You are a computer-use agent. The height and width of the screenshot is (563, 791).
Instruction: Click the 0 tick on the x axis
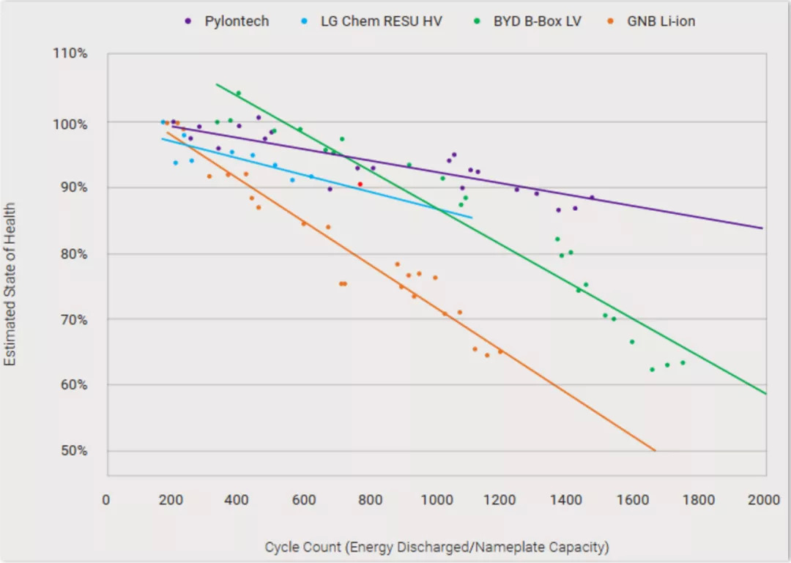point(106,500)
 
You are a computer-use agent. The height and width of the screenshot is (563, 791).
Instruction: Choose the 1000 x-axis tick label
point(437,500)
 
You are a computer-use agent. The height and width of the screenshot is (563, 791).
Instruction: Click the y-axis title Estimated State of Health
point(10,285)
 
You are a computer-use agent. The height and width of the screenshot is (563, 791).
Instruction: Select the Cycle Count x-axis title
point(437,547)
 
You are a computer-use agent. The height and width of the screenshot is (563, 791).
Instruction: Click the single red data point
point(360,184)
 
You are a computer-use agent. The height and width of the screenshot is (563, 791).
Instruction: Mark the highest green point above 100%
point(238,93)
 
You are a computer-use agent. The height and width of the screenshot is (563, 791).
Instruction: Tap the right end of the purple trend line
point(762,228)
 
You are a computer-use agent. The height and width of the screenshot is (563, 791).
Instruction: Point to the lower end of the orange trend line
point(655,450)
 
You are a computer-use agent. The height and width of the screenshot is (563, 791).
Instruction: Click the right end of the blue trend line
point(472,217)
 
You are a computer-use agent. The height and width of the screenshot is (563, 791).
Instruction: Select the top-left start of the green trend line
point(217,84)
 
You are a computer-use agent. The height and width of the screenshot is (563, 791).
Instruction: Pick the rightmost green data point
point(683,362)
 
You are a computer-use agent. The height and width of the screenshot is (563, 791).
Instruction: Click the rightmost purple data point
point(592,197)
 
